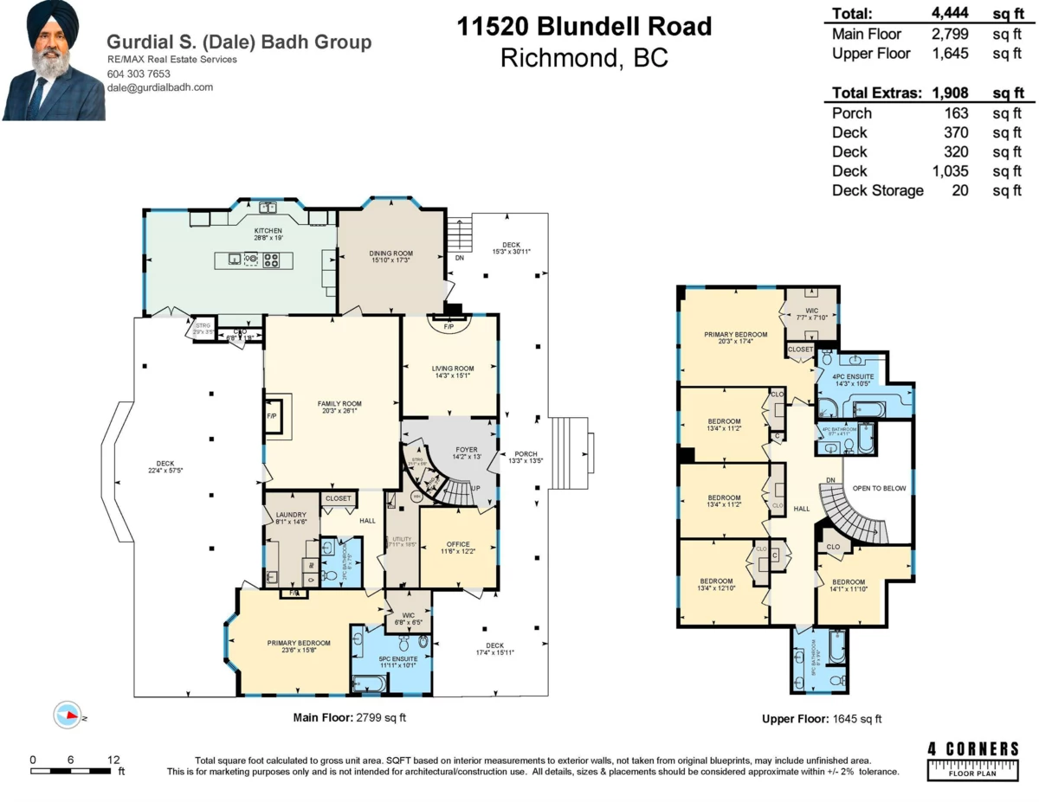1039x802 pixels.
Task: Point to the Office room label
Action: (458, 542)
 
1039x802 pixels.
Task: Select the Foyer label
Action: (467, 450)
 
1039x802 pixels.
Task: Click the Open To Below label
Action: (879, 489)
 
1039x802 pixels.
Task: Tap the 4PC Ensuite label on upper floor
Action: (851, 375)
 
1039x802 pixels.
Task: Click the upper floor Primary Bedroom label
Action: (735, 333)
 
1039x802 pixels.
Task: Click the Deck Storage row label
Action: (877, 190)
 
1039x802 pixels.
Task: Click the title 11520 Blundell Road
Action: (584, 26)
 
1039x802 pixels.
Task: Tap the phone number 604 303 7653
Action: (138, 74)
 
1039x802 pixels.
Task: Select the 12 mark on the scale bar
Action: (113, 760)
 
